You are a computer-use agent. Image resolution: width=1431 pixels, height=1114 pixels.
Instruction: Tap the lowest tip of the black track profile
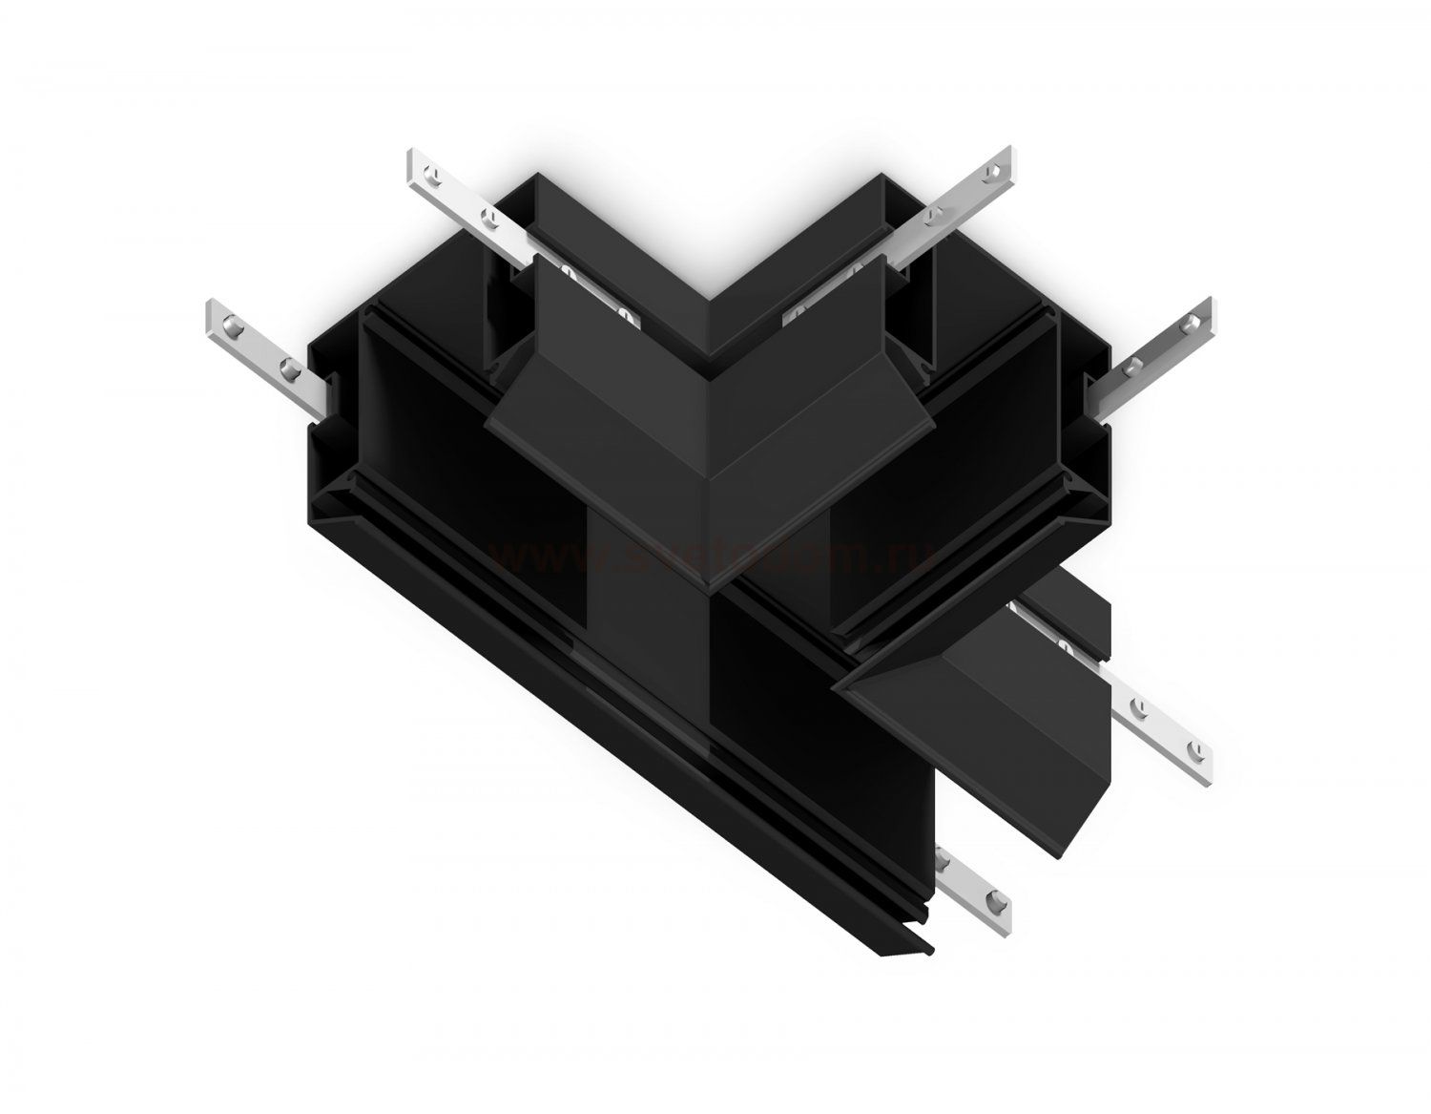[930, 977]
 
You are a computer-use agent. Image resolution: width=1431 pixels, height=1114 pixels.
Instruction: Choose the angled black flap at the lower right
[1002, 725]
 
